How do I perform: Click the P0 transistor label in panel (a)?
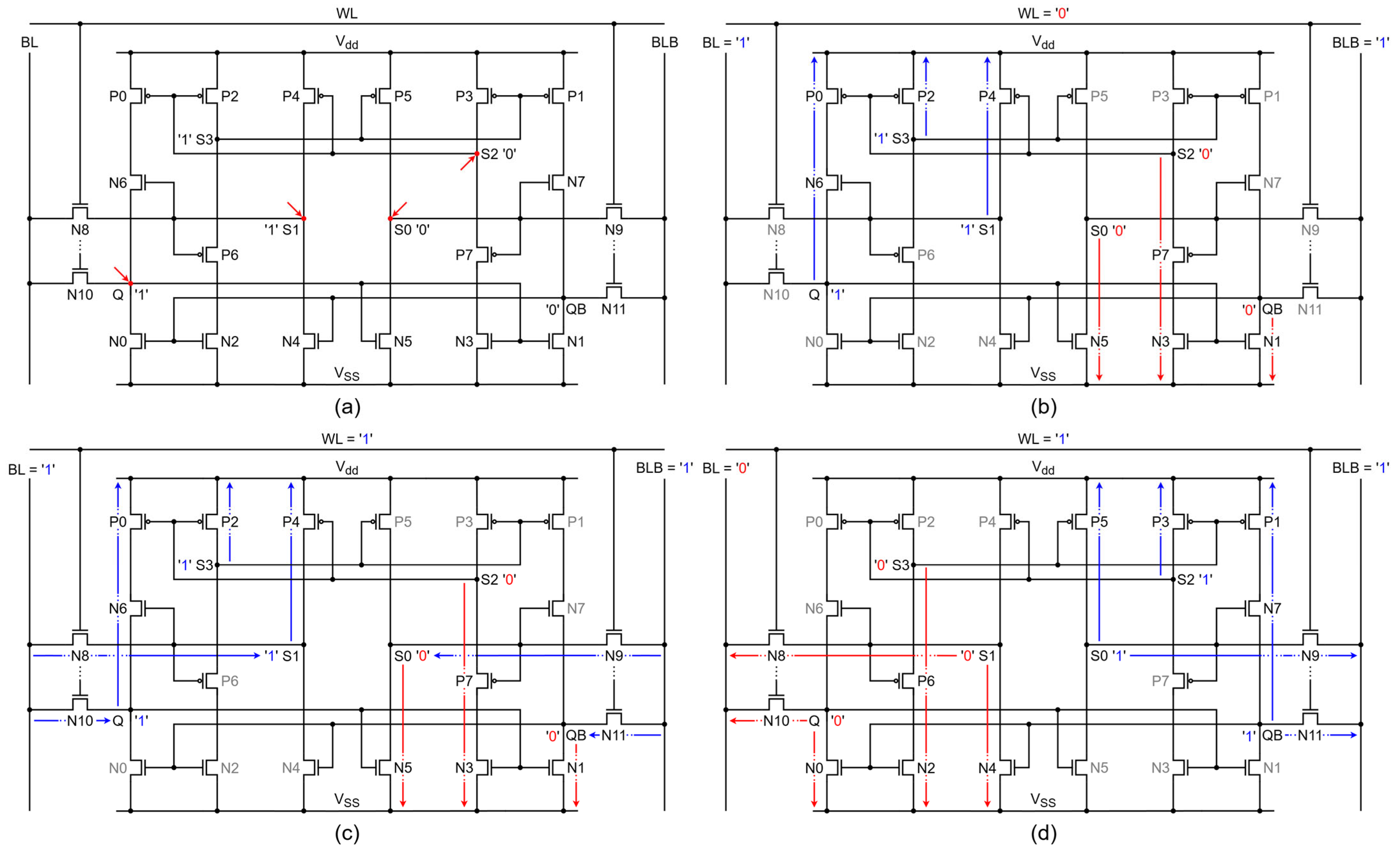(x=118, y=96)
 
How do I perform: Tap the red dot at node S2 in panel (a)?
(x=477, y=153)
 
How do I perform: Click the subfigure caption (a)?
(x=347, y=407)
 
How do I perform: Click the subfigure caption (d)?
(x=1043, y=833)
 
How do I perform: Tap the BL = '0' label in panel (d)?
(x=726, y=468)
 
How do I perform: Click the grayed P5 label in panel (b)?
(x=1099, y=96)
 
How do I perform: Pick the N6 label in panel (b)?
(x=814, y=183)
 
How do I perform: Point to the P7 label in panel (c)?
(x=464, y=681)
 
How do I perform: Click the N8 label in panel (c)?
(x=80, y=656)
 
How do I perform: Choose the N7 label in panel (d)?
(x=1272, y=608)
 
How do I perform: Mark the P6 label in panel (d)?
(x=926, y=681)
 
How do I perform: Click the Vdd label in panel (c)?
(x=347, y=467)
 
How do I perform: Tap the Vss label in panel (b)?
(x=1043, y=374)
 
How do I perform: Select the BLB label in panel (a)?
(x=664, y=43)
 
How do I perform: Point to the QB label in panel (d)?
(x=1272, y=735)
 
